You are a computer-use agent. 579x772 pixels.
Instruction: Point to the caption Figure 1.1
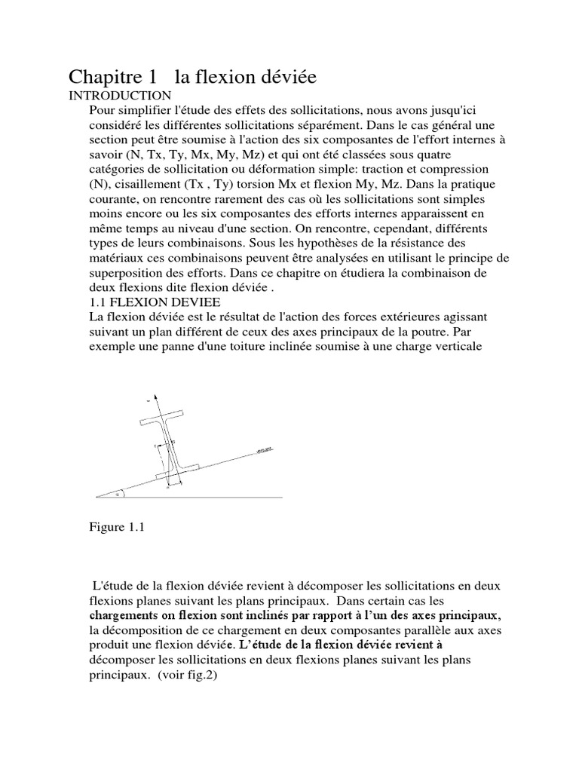116,528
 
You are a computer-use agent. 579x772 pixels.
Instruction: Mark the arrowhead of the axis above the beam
155,395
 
